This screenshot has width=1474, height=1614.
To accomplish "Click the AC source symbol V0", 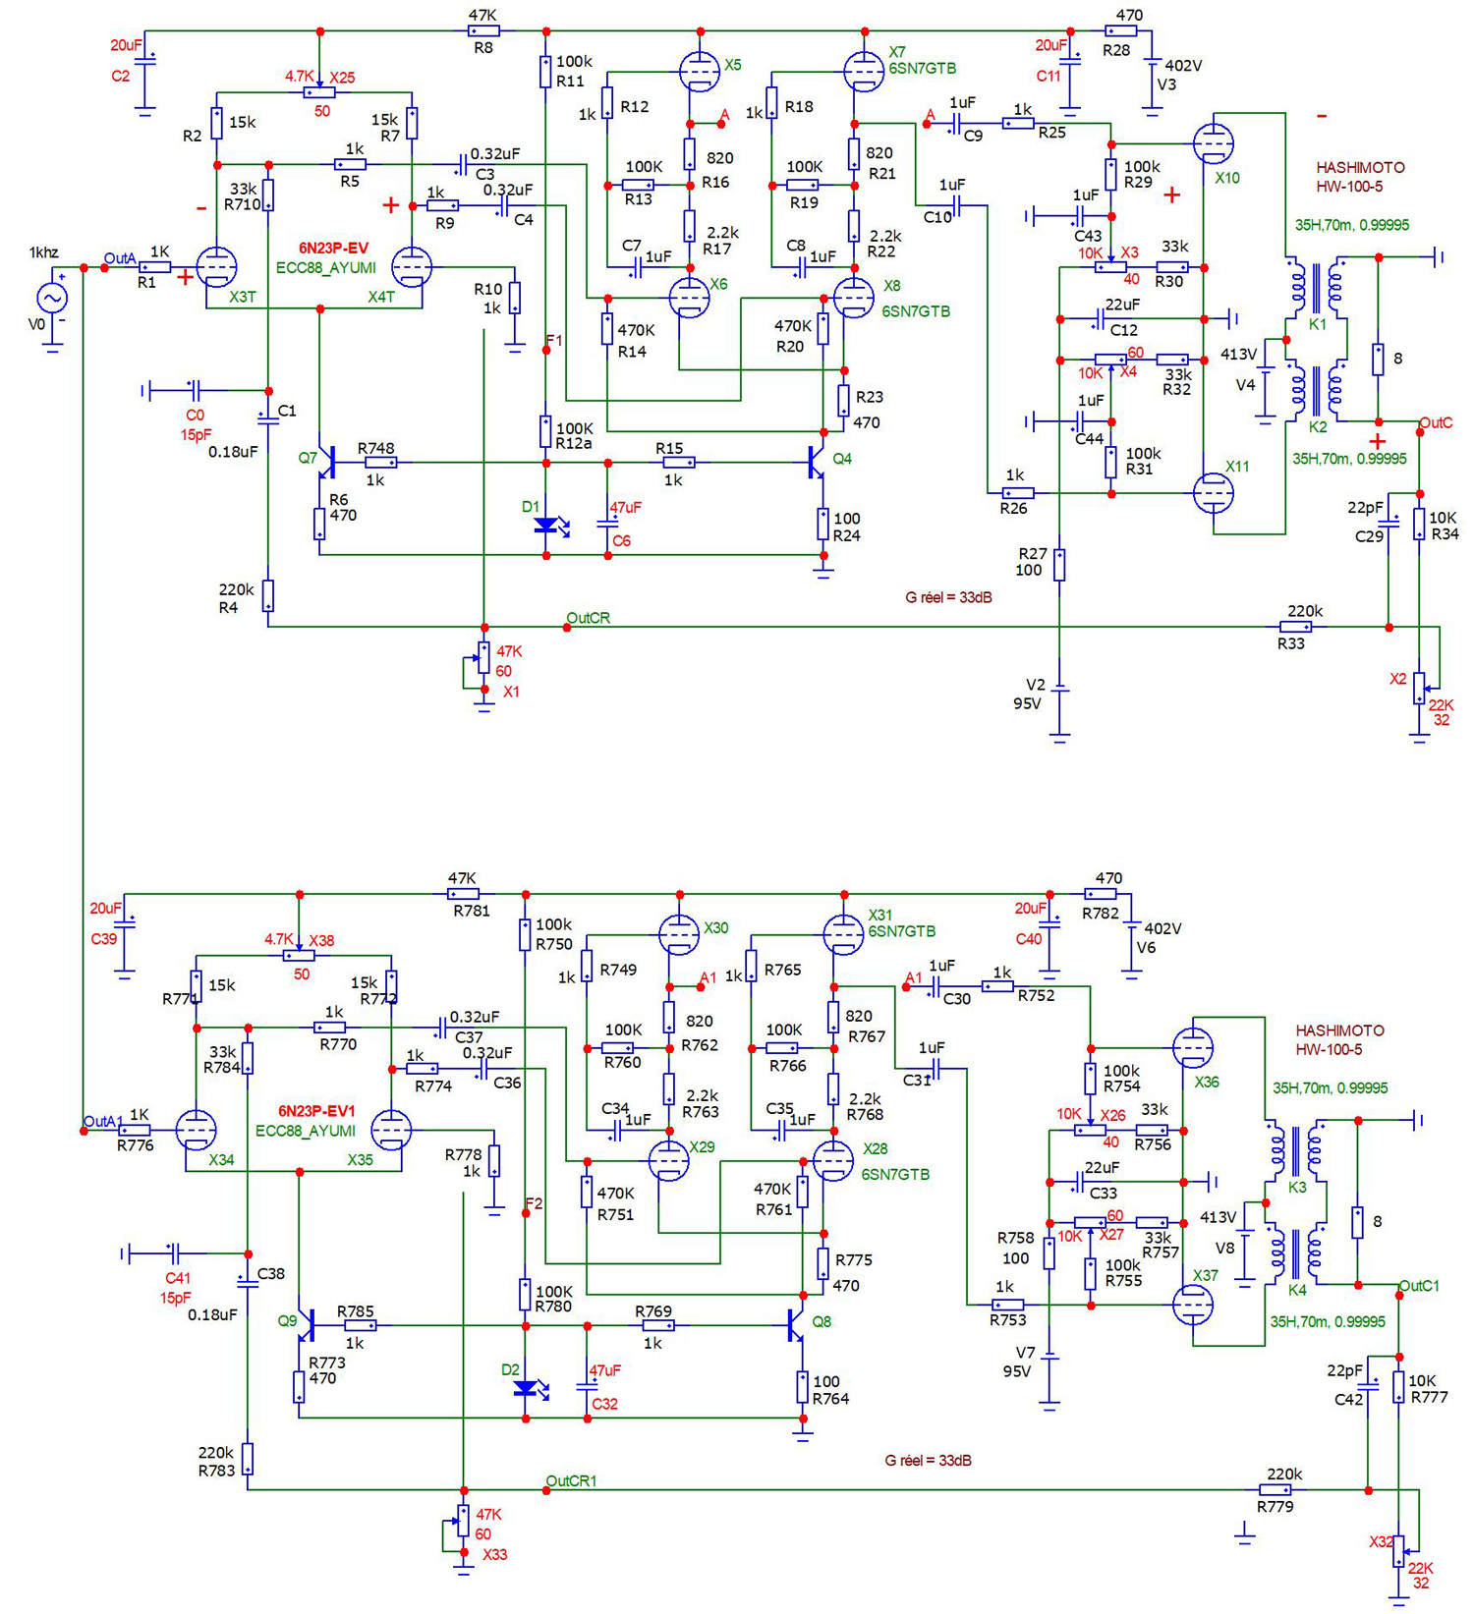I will (x=52, y=298).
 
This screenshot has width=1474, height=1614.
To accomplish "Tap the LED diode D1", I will (x=547, y=526).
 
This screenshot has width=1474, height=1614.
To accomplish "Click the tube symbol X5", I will (x=699, y=71).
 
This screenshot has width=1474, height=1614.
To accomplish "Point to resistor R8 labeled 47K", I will (x=483, y=31).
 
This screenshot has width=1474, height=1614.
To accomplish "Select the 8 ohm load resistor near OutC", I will (x=1379, y=360).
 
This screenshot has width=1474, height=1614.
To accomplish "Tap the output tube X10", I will (x=1213, y=143).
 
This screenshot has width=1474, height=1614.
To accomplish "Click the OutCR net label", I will (x=588, y=618).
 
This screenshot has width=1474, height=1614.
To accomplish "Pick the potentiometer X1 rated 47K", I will (x=483, y=657).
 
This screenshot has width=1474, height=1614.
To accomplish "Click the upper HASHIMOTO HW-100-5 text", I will (x=1360, y=177).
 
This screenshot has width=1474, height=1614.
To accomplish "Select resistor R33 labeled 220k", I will (x=1297, y=627).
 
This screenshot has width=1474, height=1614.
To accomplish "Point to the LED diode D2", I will (x=527, y=1388).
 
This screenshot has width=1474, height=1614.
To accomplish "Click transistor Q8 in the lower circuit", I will (x=796, y=1325).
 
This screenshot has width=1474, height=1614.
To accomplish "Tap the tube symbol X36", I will (x=1192, y=1048).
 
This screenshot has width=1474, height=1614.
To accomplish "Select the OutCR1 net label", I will (x=571, y=1480).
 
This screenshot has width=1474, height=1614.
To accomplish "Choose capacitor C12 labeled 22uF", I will (x=1100, y=319).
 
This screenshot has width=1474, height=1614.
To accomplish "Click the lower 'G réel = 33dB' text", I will (x=928, y=1461).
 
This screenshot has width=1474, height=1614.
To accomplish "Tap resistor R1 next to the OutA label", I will (x=155, y=267).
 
